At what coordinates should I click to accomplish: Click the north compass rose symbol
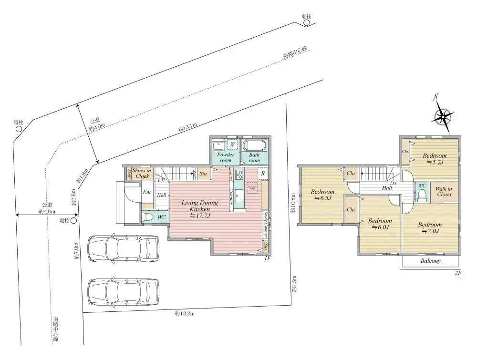tap(444, 116)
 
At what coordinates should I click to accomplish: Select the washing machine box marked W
tap(232, 144)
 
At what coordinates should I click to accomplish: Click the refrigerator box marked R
tap(263, 174)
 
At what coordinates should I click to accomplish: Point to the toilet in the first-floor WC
tap(149, 217)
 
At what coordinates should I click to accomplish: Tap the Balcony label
tap(430, 261)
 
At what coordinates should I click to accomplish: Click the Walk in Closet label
tap(444, 191)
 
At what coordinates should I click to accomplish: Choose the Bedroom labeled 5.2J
tap(435, 159)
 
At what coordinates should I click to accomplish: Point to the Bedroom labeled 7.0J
tap(430, 228)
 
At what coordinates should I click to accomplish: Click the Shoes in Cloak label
tap(142, 173)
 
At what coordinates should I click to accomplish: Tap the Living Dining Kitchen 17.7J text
tap(199, 209)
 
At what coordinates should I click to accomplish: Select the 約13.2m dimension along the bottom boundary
tap(184, 314)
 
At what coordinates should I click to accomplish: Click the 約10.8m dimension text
tap(292, 203)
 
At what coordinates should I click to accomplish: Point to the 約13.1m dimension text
tap(187, 127)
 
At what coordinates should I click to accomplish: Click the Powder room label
tap(225, 157)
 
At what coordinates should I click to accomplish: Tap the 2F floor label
tap(458, 273)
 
